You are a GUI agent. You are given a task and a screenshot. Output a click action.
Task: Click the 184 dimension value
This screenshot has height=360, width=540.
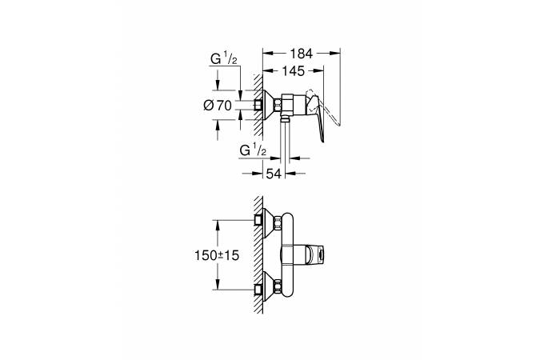301,54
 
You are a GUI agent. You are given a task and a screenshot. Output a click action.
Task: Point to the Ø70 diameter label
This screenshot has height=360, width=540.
218,105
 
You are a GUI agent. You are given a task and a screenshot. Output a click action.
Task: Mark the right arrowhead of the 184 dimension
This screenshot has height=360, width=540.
337,54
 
